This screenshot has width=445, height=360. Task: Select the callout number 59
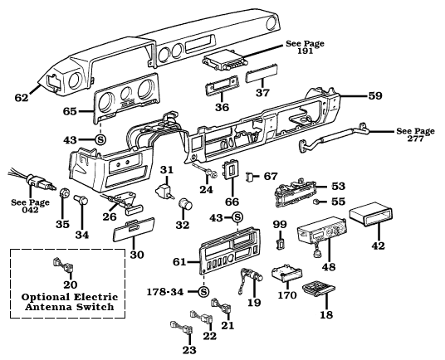click(x=375, y=96)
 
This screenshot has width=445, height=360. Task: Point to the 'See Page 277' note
click(x=415, y=135)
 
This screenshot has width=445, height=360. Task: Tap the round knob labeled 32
click(x=185, y=206)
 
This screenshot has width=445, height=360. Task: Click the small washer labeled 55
click(x=319, y=201)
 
